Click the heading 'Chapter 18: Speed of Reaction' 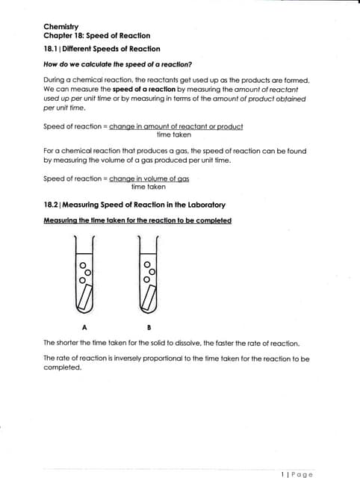pos(97,36)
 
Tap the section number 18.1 pos(52,49)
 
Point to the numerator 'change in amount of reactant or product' pos(176,126)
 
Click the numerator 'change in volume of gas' pos(149,179)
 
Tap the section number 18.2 pos(52,205)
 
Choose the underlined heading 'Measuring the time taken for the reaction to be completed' pos(137,220)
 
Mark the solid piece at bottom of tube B pos(150,300)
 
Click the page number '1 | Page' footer pos(297,474)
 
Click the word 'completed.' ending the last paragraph pos(62,367)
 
